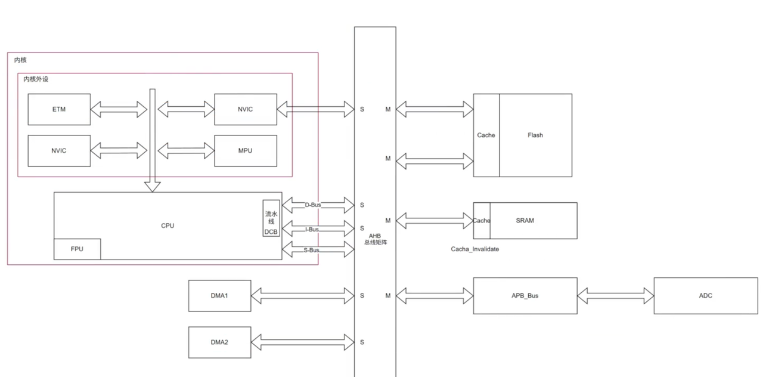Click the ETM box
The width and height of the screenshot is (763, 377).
59,109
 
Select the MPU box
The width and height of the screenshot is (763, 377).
246,151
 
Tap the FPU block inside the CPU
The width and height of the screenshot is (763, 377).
77,249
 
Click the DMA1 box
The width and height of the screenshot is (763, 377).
220,296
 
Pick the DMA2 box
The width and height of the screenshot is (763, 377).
220,342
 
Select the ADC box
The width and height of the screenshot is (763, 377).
706,296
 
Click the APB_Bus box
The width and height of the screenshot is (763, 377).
525,296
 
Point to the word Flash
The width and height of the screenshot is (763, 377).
535,135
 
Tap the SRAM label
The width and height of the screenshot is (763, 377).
525,221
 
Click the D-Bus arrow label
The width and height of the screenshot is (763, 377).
313,205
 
